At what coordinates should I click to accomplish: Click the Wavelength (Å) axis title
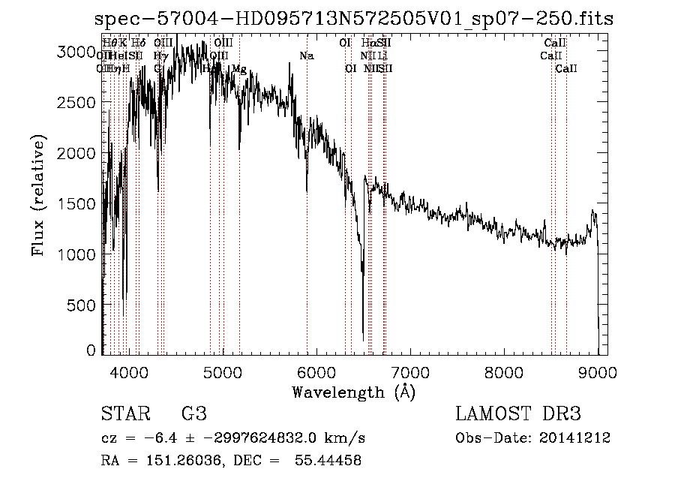353,392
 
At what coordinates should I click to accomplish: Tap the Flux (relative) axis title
38,195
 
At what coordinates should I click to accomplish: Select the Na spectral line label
307,56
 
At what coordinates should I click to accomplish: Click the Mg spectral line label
238,69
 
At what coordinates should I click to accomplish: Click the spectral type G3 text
193,414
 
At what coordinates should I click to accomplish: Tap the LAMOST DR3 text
518,414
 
